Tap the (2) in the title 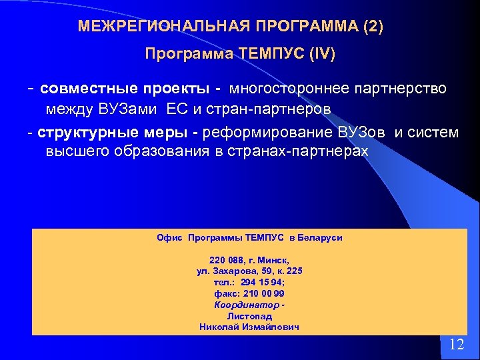click(374, 26)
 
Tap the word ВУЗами click(117, 108)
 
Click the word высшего click(72, 151)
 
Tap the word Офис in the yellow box click(169, 237)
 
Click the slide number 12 click(457, 345)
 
